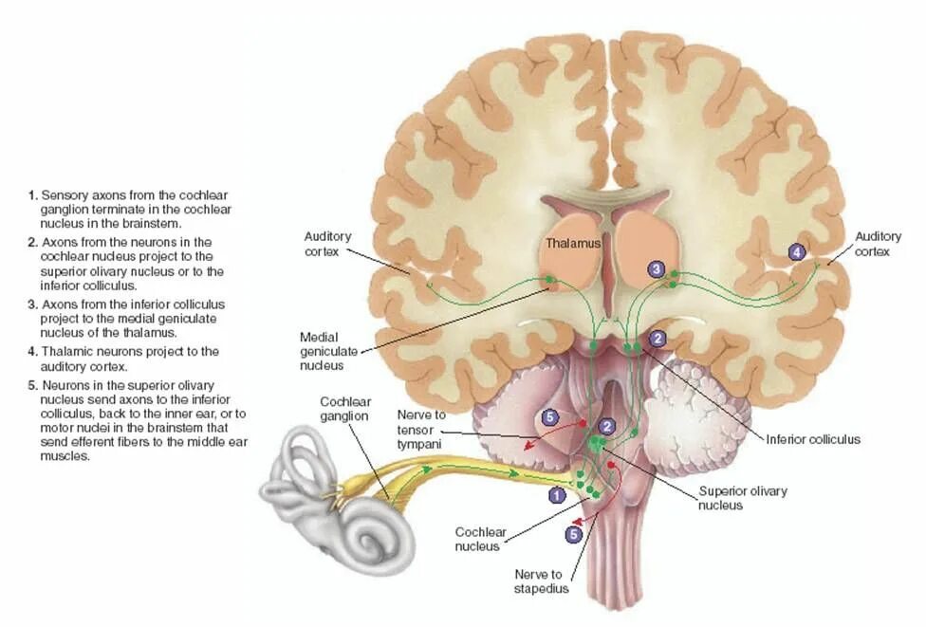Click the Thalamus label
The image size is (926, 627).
(x=573, y=244)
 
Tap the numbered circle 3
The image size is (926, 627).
(x=657, y=269)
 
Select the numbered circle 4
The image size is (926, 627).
(x=797, y=252)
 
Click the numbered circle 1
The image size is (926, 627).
(x=557, y=493)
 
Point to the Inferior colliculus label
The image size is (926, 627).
(x=813, y=439)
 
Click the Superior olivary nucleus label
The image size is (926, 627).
(x=742, y=498)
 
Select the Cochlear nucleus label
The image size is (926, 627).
(x=477, y=539)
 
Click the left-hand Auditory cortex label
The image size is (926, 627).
(x=327, y=244)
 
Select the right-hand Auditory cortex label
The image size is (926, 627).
(x=872, y=244)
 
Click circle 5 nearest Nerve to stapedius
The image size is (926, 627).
(x=573, y=534)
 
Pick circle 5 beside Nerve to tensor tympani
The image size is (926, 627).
(x=550, y=416)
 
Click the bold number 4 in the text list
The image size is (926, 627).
(x=32, y=351)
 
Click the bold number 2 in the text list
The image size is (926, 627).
(x=32, y=242)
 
